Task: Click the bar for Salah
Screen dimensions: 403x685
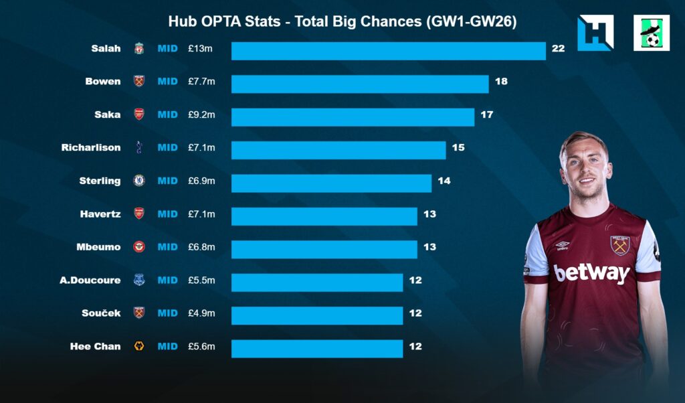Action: [x=388, y=51]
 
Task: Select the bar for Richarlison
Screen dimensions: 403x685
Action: [x=338, y=150]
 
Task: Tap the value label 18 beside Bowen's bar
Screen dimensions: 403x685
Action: [x=501, y=82]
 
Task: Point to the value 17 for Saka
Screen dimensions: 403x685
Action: [x=486, y=114]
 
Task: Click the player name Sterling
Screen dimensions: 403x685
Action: [x=100, y=181]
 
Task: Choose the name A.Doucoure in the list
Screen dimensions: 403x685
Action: [x=90, y=280]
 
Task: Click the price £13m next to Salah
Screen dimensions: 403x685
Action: [x=200, y=48]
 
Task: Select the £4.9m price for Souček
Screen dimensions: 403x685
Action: [x=201, y=313]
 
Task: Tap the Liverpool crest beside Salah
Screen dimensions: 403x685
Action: [x=139, y=48]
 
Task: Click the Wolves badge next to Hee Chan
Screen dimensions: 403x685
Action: [x=139, y=346]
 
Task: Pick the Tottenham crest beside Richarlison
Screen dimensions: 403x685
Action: [x=139, y=147]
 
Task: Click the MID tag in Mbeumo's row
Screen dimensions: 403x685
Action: [x=167, y=247]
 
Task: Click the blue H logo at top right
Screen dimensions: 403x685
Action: [x=595, y=33]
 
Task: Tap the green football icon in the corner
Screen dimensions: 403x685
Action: [x=651, y=33]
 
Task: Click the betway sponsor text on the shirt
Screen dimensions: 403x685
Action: [x=591, y=272]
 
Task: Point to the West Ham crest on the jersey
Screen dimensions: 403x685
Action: [x=620, y=245]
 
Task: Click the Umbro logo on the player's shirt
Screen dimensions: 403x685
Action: [x=562, y=246]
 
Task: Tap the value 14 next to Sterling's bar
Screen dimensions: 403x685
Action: [x=444, y=181]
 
